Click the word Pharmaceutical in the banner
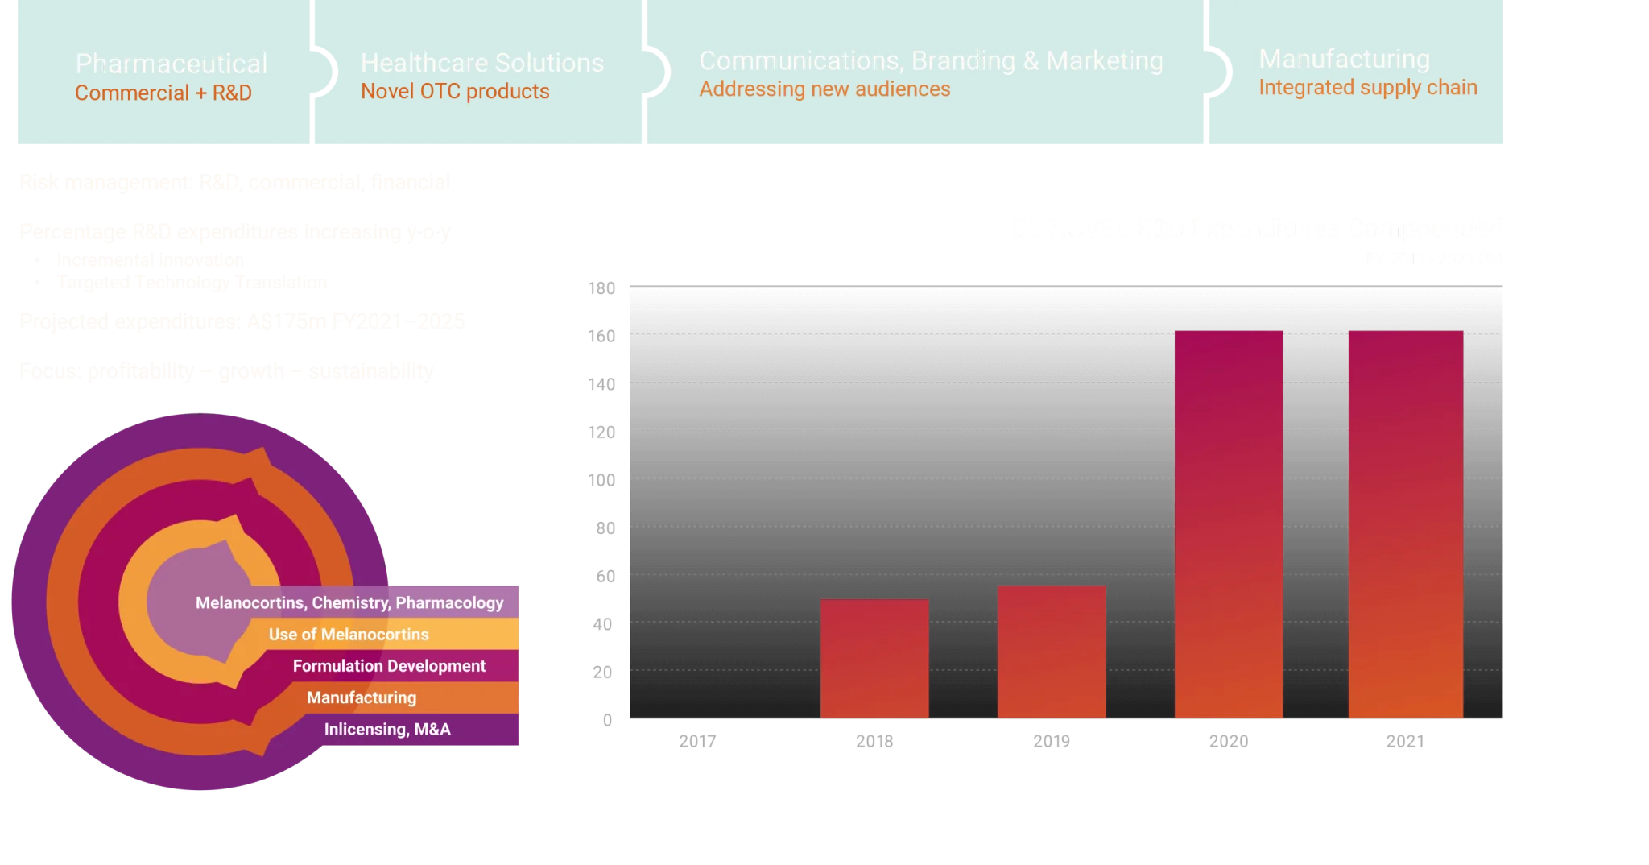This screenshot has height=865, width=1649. [x=171, y=64]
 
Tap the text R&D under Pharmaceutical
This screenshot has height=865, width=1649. [x=232, y=93]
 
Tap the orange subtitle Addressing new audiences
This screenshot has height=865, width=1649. [x=824, y=89]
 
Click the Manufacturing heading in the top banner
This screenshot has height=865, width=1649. [x=1344, y=60]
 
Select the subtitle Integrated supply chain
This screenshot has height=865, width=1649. [x=1367, y=88]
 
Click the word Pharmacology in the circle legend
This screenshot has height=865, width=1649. [x=449, y=603]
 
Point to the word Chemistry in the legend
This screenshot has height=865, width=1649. [x=350, y=603]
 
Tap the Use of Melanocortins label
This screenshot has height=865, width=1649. [x=349, y=635]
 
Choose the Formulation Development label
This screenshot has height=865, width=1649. [x=389, y=666]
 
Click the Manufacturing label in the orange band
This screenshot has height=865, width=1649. [x=362, y=697]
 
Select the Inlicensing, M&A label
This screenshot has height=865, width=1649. [x=387, y=729]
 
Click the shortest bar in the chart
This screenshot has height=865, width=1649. [x=874, y=658]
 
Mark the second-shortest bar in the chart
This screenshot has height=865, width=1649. [x=1052, y=652]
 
